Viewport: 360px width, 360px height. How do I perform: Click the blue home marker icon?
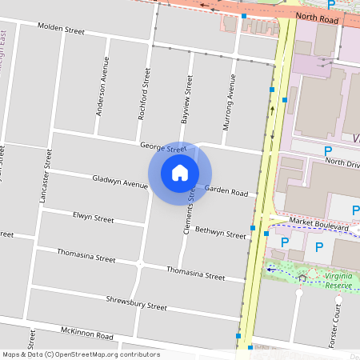180,172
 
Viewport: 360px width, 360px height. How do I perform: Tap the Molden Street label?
61,29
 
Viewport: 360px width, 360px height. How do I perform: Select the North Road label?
312,15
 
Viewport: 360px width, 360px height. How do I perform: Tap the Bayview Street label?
189,98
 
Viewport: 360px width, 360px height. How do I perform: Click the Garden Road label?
226,191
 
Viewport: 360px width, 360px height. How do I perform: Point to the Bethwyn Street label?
220,233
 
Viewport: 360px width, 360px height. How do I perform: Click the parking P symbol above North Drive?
328,150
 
